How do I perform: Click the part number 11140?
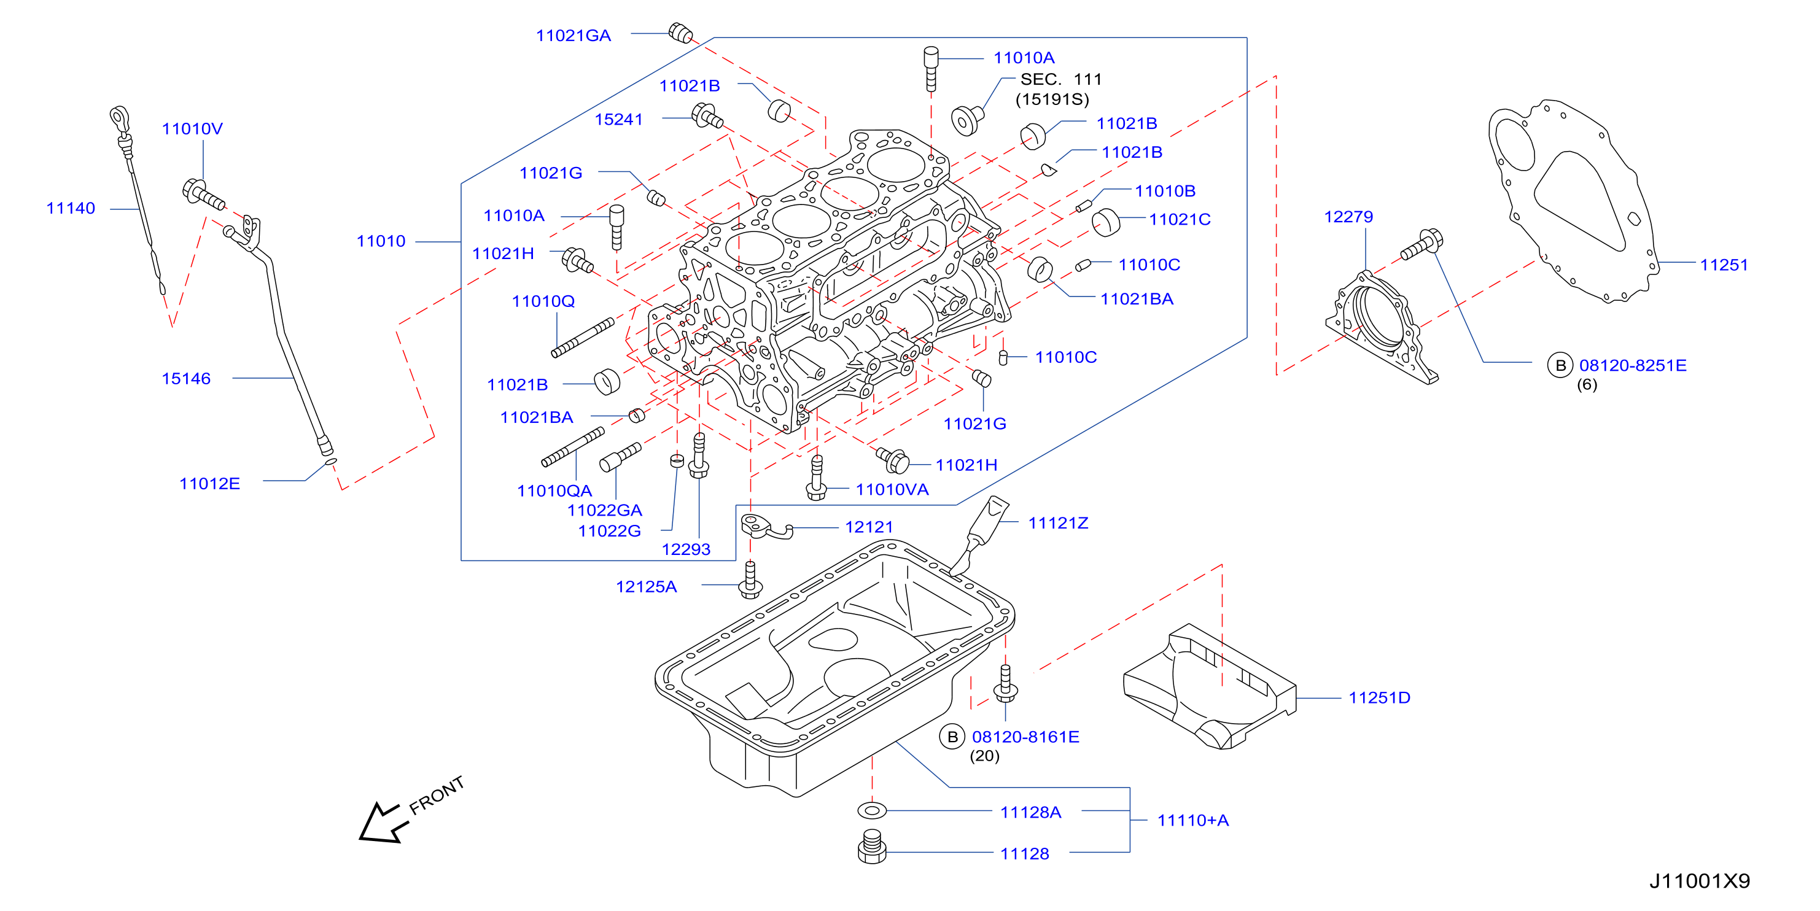(x=71, y=208)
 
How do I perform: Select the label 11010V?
(x=192, y=128)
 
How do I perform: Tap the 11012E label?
(x=210, y=484)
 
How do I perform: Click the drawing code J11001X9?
(x=1700, y=881)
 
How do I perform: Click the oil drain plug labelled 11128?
(x=873, y=846)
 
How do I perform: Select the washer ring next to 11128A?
(x=872, y=810)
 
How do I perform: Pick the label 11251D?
(x=1379, y=698)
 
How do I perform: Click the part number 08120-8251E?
(x=1633, y=365)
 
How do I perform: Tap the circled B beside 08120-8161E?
(x=952, y=737)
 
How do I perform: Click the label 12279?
(x=1348, y=217)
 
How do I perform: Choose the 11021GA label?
(x=573, y=36)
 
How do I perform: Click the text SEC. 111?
(x=1061, y=79)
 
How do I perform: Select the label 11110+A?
(x=1193, y=821)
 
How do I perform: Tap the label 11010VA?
(x=892, y=489)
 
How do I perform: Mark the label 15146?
(x=187, y=379)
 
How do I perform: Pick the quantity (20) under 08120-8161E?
(x=984, y=756)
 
